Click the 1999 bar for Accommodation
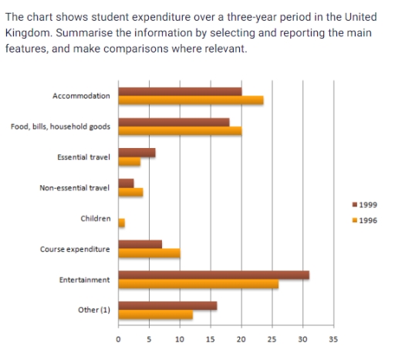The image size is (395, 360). [180, 91]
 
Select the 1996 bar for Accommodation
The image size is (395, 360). [191, 100]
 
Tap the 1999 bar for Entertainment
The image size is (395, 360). [214, 275]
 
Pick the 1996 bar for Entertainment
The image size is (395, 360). [198, 284]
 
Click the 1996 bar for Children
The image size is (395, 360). [121, 223]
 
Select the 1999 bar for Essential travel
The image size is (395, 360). [137, 153]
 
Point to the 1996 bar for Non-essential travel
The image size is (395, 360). [130, 192]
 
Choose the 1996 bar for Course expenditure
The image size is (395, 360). [149, 254]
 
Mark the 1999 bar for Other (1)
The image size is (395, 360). [167, 305]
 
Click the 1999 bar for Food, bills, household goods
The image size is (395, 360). [174, 122]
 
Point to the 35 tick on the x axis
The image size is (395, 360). [333, 338]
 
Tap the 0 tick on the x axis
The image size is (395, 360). [118, 338]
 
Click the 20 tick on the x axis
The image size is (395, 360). [241, 338]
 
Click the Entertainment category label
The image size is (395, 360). [84, 280]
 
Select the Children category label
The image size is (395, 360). [96, 218]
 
